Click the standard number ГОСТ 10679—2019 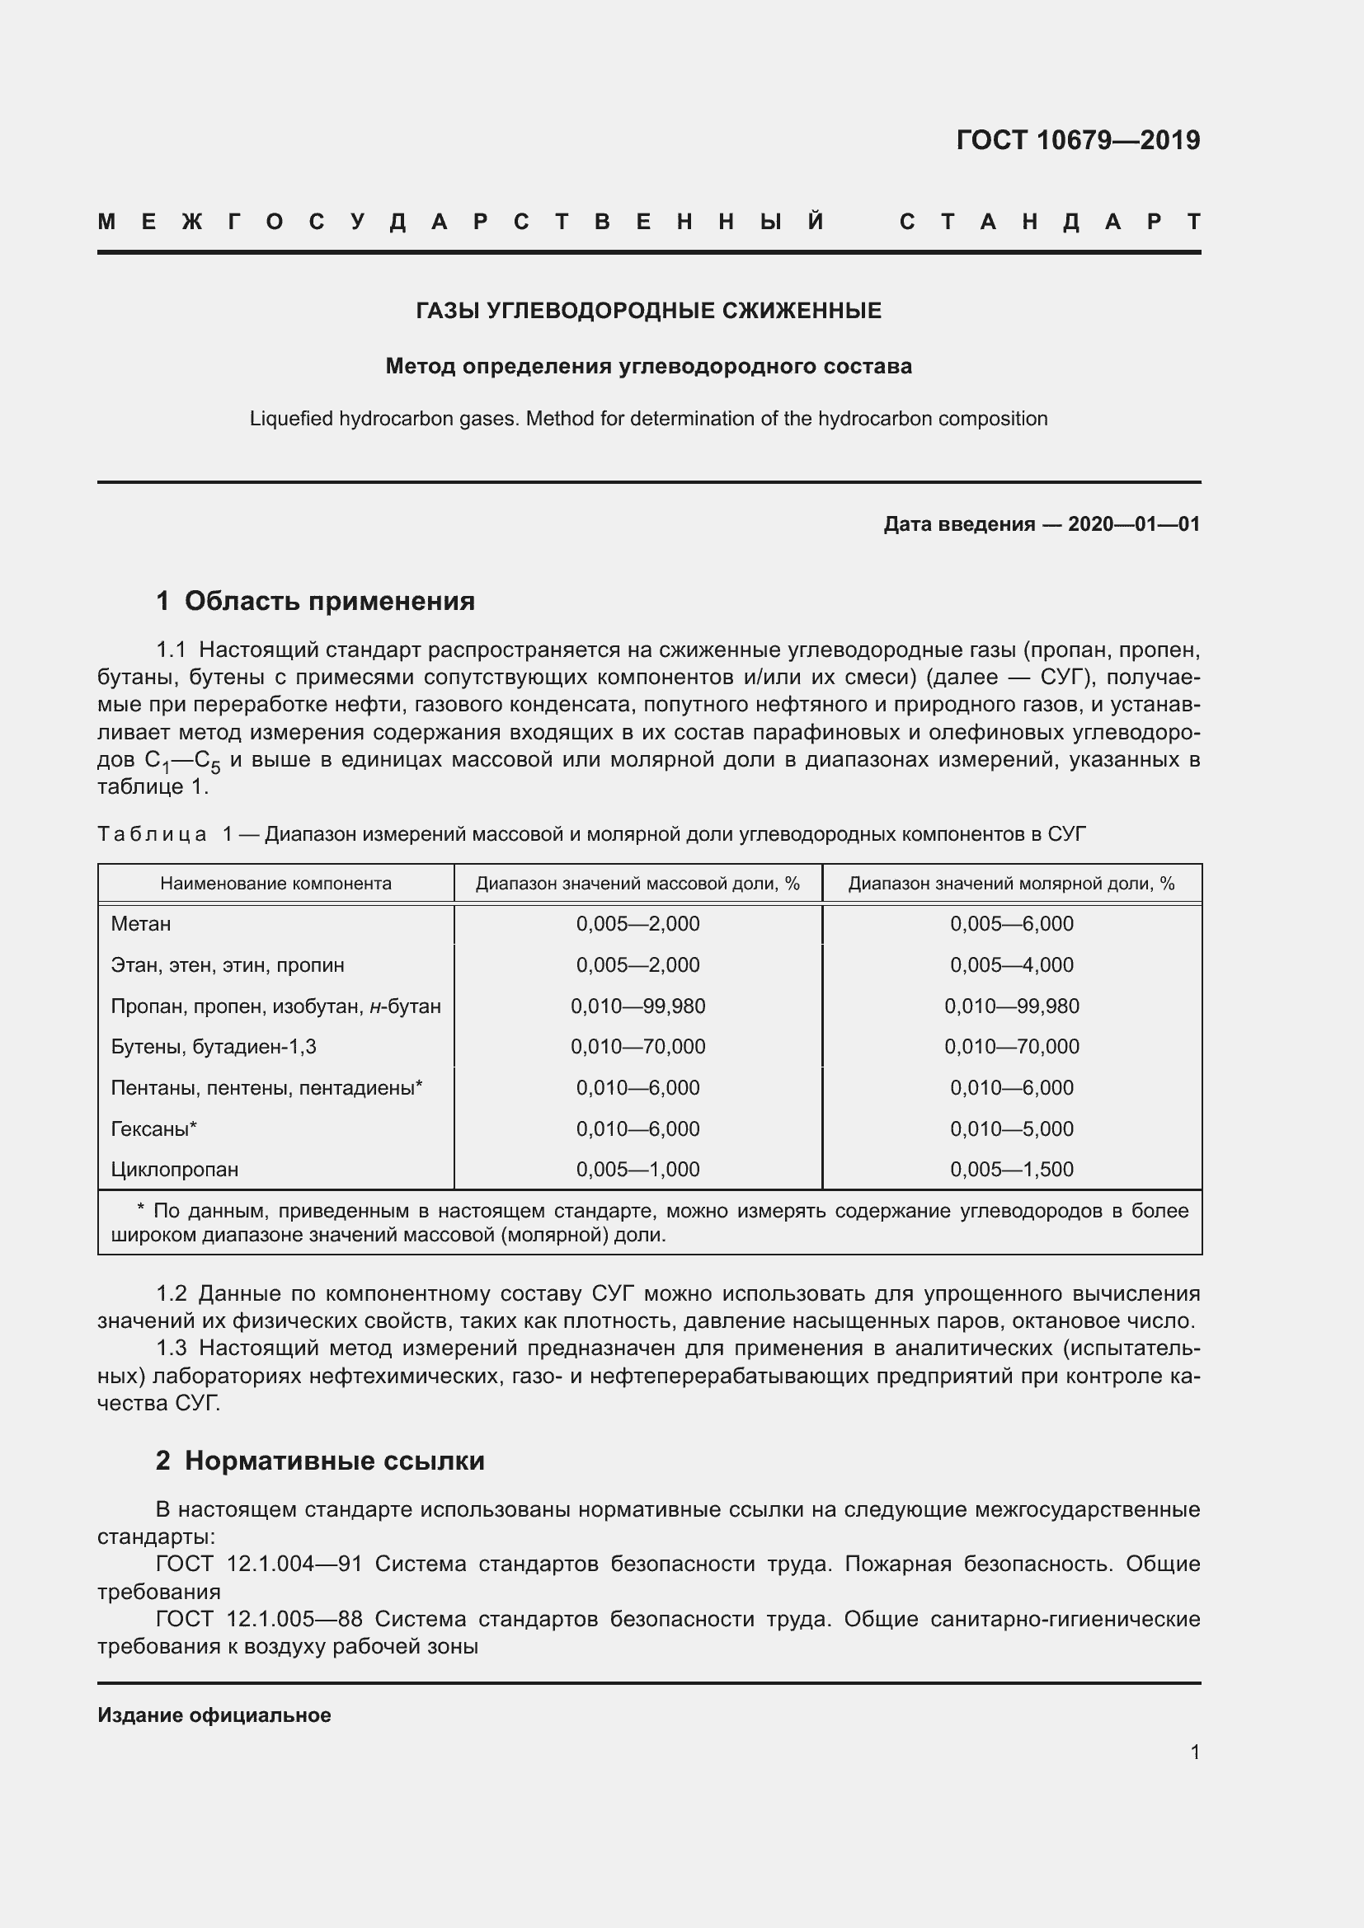[x=1078, y=139]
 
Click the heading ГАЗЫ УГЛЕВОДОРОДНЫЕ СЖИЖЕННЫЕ [x=648, y=311]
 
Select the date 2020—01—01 [x=1133, y=524]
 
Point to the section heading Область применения [x=328, y=600]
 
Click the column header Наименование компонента [x=275, y=884]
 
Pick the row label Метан [x=141, y=924]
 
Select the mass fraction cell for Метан [x=637, y=924]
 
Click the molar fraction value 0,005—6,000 [x=1011, y=924]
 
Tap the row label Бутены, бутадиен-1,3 [x=214, y=1046]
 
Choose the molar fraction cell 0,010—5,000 [x=1011, y=1128]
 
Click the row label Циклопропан [x=175, y=1169]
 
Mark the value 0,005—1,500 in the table [x=1011, y=1169]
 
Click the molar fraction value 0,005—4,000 [x=1011, y=965]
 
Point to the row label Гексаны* [x=153, y=1128]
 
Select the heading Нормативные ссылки [x=333, y=1461]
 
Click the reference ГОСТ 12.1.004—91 [x=259, y=1564]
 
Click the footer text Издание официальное [x=214, y=1715]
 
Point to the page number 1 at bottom [x=1194, y=1752]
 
